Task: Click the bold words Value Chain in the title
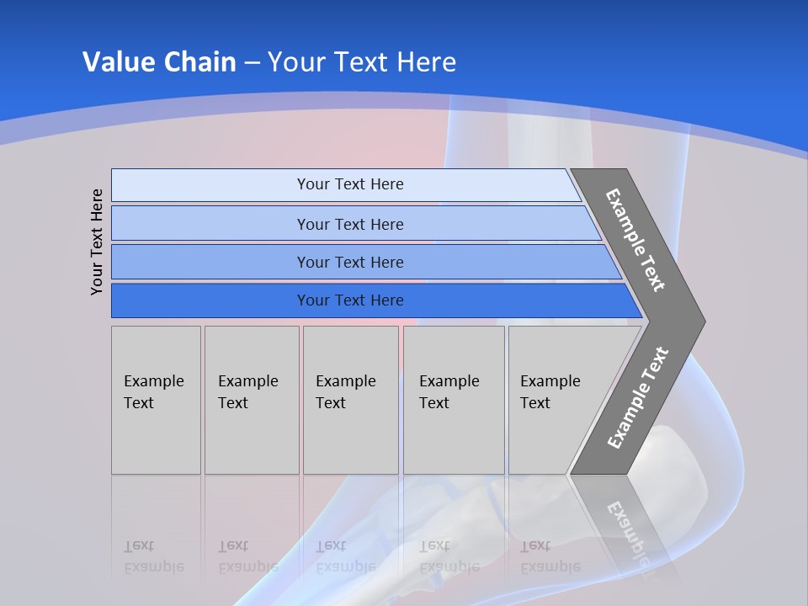click(159, 62)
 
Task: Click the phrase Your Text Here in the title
click(362, 62)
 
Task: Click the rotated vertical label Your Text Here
click(97, 242)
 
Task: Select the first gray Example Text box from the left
click(156, 400)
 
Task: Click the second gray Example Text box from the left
click(251, 400)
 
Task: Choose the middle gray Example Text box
click(350, 400)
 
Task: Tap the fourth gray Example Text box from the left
click(454, 400)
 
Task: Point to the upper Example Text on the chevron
click(635, 240)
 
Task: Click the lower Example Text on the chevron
click(637, 397)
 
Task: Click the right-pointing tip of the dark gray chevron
click(700, 321)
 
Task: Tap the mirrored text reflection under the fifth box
click(550, 556)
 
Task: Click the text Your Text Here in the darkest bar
click(350, 300)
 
